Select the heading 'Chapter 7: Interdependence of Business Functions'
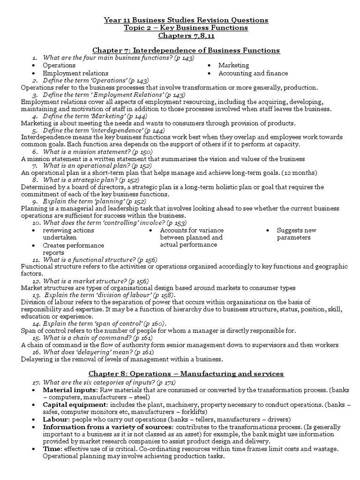point(186,50)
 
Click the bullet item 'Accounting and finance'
point(253,73)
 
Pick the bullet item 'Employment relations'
point(75,73)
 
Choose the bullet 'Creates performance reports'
point(73,249)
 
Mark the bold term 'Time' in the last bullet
point(51,449)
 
